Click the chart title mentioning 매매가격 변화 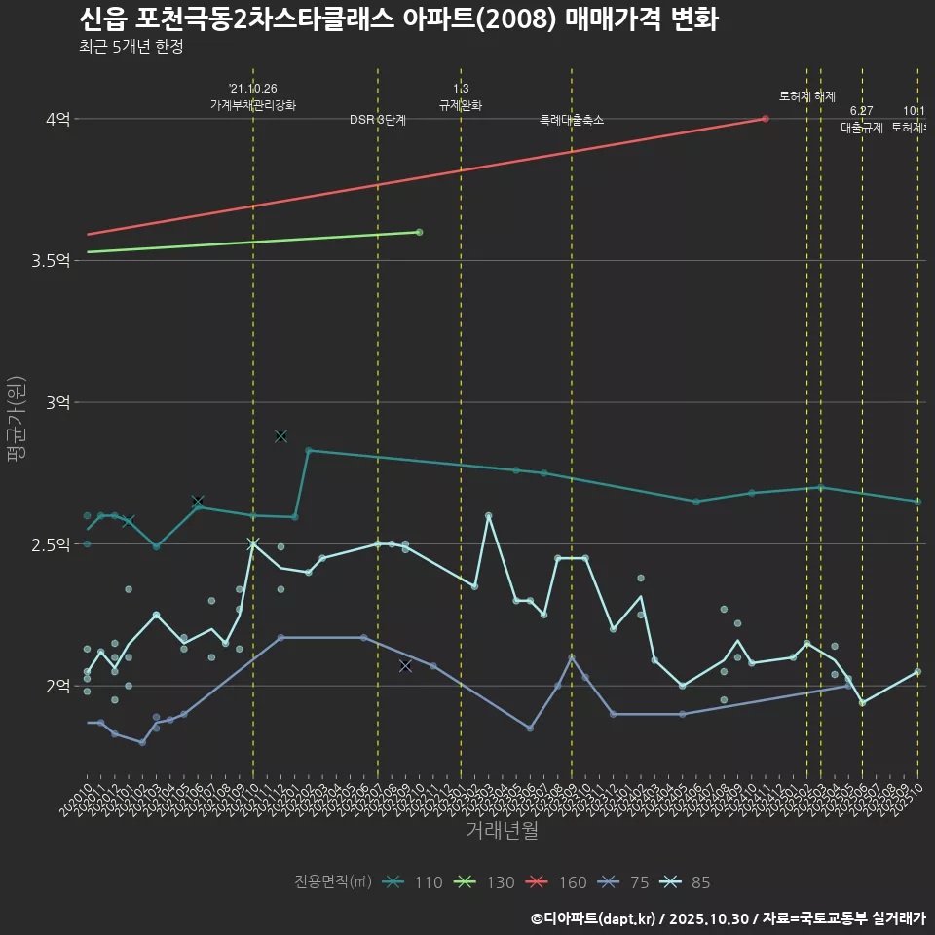(x=397, y=19)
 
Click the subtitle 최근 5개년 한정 (x=131, y=46)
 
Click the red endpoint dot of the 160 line (x=766, y=119)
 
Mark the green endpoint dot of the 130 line (x=419, y=232)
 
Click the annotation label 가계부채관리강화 (x=253, y=105)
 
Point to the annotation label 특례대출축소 (x=572, y=120)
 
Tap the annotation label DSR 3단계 (x=378, y=120)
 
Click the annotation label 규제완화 (x=461, y=105)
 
